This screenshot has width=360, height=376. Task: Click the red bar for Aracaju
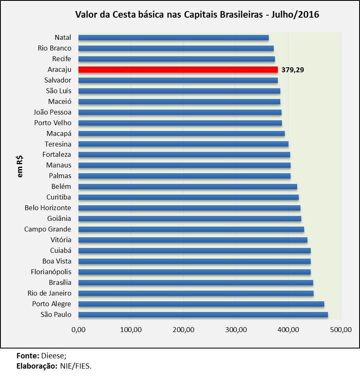[x=178, y=69]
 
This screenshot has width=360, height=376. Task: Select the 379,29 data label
[x=293, y=70]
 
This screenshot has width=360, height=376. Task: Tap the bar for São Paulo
[x=203, y=315]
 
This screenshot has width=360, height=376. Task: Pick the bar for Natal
[x=173, y=38]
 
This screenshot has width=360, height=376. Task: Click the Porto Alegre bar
[x=201, y=304]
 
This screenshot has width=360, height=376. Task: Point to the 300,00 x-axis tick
[x=235, y=330]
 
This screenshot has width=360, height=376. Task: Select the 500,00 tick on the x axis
[x=341, y=330]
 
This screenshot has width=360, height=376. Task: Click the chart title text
[x=197, y=15]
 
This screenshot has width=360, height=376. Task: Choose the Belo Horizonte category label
[x=48, y=208]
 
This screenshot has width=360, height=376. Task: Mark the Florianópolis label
[x=51, y=272]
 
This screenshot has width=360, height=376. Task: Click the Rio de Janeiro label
[x=49, y=293]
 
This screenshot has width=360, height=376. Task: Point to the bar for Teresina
[x=183, y=144]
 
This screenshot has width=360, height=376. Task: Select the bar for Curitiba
[x=188, y=197]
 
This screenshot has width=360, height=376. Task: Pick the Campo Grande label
[x=48, y=229]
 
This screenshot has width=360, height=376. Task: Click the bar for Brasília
[x=196, y=283]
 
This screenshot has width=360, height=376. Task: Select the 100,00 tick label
[x=131, y=330]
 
